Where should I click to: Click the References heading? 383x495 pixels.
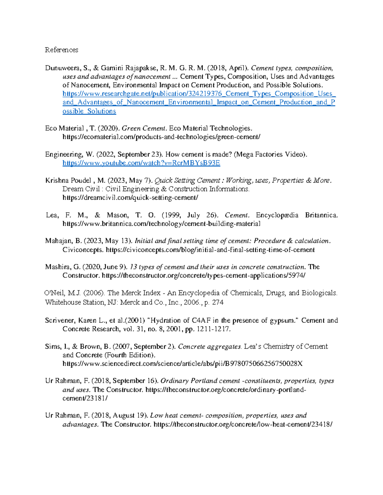click(61, 50)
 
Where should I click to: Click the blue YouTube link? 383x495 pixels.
click(141, 163)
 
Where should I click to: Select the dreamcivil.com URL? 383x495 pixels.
click(130, 198)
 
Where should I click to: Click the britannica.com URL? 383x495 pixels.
click(161, 224)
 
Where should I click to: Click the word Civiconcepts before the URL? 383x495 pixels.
click(83, 250)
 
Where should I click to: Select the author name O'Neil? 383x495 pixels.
click(54, 293)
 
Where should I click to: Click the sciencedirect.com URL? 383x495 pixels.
click(183, 364)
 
